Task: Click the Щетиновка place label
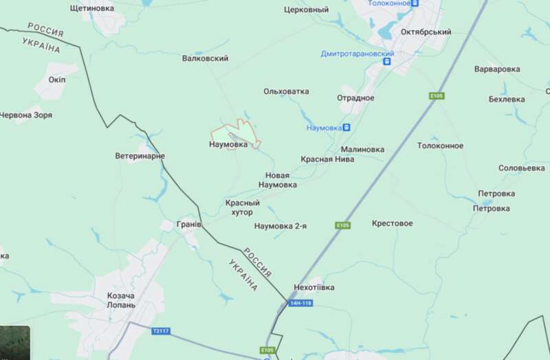tap(93, 8)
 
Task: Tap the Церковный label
tap(306, 10)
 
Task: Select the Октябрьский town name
tap(427, 32)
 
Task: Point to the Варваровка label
tap(497, 69)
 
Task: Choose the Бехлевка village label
tap(506, 99)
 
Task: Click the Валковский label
tap(205, 59)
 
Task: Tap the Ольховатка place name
tap(286, 91)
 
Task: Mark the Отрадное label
tap(355, 98)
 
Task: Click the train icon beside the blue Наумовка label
tap(346, 127)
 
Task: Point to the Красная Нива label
tap(327, 159)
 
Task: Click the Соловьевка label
tap(521, 168)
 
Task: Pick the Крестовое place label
tap(392, 224)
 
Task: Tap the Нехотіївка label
tap(313, 287)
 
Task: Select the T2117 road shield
tap(160, 331)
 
